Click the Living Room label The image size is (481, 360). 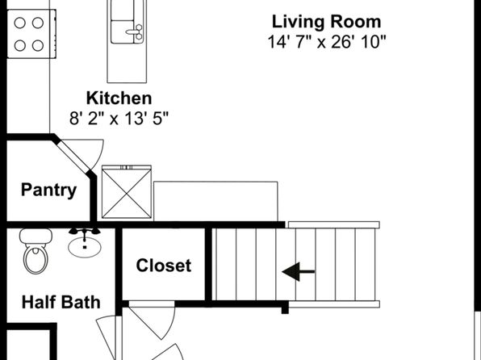tap(326, 22)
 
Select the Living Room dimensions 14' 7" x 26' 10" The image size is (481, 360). tap(326, 42)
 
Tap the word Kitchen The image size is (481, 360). tap(119, 98)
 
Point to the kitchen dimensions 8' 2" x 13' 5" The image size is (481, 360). tap(119, 118)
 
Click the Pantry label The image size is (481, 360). tap(48, 190)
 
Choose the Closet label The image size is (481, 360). tap(164, 266)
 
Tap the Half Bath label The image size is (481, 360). tap(61, 302)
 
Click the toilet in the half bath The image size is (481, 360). tap(36, 251)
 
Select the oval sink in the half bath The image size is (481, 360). tap(85, 247)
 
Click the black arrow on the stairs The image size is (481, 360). tap(298, 271)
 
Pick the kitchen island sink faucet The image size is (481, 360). tap(136, 31)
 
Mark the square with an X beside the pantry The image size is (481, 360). tap(127, 192)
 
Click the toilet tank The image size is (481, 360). tap(36, 236)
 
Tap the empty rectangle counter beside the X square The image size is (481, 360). tap(215, 201)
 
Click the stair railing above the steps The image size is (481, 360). tap(334, 225)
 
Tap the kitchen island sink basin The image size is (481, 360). tap(123, 31)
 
